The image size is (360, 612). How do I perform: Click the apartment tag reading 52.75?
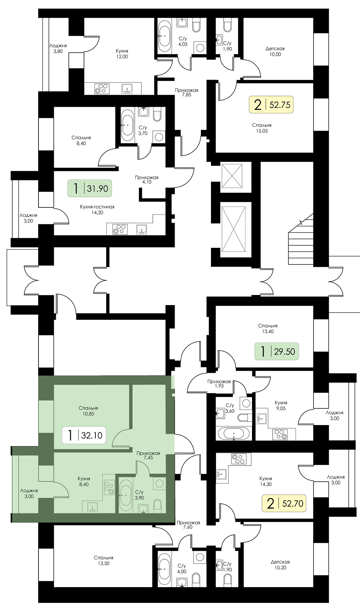pyautogui.click(x=271, y=104)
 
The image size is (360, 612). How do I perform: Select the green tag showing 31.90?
pyautogui.click(x=90, y=188)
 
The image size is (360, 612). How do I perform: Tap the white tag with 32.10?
pyautogui.click(x=84, y=435)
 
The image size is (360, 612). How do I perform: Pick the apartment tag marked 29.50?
pyautogui.click(x=277, y=351)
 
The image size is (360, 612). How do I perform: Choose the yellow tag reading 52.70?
pyautogui.click(x=284, y=503)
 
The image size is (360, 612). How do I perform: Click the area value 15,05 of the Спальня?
pyautogui.click(x=262, y=131)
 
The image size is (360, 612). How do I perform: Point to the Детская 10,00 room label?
pyautogui.click(x=275, y=52)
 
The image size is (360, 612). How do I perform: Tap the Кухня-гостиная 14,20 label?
pyautogui.click(x=97, y=210)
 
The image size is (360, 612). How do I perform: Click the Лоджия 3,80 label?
pyautogui.click(x=58, y=48)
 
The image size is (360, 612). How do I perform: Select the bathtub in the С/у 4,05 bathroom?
pyautogui.click(x=165, y=36)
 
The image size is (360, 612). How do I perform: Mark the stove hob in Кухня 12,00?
pyautogui.click(x=102, y=89)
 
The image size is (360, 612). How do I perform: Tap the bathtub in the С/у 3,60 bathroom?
pyautogui.click(x=234, y=515)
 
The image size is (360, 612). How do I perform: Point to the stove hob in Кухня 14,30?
pyautogui.click(x=239, y=459)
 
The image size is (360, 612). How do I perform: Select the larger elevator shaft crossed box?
pyautogui.click(x=234, y=229)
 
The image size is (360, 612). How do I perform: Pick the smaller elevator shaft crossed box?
pyautogui.click(x=232, y=176)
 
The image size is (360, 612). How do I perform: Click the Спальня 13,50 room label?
pyautogui.click(x=103, y=560)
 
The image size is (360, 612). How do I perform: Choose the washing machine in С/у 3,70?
pyautogui.click(x=159, y=136)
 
